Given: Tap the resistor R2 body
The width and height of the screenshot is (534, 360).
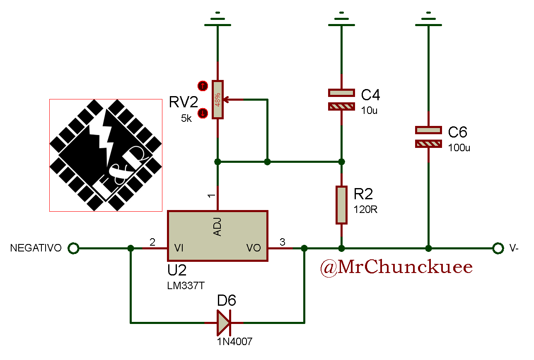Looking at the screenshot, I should [x=341, y=205].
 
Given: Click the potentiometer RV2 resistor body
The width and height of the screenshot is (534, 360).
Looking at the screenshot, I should [x=217, y=99].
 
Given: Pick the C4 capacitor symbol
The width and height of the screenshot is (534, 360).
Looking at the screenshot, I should [x=341, y=99].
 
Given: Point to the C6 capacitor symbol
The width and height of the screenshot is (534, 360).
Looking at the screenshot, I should [x=428, y=137].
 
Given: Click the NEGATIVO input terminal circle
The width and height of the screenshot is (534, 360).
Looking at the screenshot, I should [x=73, y=248].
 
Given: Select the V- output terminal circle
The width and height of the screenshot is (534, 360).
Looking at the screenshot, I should [x=498, y=248].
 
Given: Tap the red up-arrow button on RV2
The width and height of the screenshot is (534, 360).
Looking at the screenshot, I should [x=203, y=86].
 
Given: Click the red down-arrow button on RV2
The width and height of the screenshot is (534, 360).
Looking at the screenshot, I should [x=203, y=113].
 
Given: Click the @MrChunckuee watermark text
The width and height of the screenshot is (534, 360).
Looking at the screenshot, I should [x=396, y=268].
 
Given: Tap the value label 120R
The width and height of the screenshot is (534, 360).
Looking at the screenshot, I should [x=365, y=210].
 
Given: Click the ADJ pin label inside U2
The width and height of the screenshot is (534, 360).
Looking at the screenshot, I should [x=217, y=227].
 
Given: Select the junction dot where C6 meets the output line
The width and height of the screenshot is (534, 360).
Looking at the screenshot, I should [x=428, y=248].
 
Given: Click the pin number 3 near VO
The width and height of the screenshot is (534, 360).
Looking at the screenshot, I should [x=283, y=242].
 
